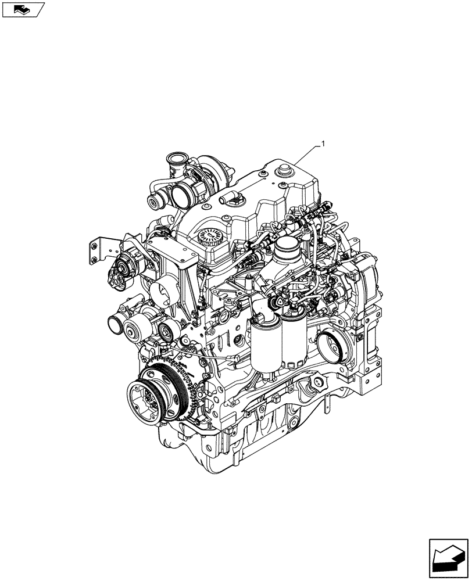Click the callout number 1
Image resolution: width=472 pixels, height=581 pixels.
[324, 143]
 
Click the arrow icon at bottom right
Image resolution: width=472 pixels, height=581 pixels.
[449, 557]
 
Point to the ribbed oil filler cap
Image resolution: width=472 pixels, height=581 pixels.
[210, 238]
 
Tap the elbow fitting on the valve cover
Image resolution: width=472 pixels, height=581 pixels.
[233, 199]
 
